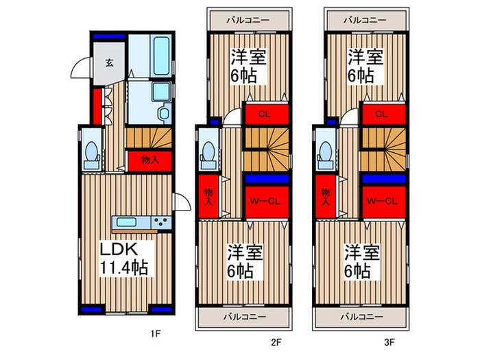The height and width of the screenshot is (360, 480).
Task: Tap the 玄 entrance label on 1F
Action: point(109,63)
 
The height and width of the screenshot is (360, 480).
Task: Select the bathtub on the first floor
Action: point(161,56)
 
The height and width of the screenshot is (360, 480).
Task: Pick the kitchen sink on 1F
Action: point(126,222)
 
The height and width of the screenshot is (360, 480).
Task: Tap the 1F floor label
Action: point(156,333)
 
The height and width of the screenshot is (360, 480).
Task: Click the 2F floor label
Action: point(276,342)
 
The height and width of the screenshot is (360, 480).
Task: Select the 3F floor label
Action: point(389,342)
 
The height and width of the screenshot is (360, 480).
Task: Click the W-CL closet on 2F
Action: point(267,202)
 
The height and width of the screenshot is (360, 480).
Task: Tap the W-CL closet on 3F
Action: point(384,202)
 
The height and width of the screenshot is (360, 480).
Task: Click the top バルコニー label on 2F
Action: point(248,20)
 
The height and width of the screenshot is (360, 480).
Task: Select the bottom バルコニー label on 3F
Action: point(361,316)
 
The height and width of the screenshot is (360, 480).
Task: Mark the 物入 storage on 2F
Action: point(208,196)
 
